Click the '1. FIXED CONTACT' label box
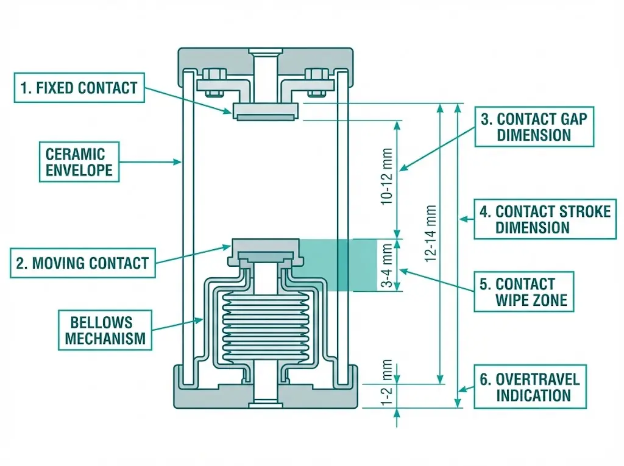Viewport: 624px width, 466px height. pos(79,88)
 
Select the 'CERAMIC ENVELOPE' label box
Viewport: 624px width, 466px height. pos(79,162)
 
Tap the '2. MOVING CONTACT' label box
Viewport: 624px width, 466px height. pos(83,263)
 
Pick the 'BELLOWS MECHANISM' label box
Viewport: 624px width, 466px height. pos(105,330)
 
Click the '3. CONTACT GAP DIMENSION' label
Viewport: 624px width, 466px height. pos(534,127)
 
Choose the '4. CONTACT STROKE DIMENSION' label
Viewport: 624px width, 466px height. pos(544,219)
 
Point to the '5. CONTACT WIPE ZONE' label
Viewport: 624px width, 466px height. pos(524,292)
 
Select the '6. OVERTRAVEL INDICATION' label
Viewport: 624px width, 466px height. pos(530,387)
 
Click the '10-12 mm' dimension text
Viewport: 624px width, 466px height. pos(386,176)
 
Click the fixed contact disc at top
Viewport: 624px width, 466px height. pos(265,111)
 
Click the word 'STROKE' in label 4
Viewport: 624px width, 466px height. pos(583,211)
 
